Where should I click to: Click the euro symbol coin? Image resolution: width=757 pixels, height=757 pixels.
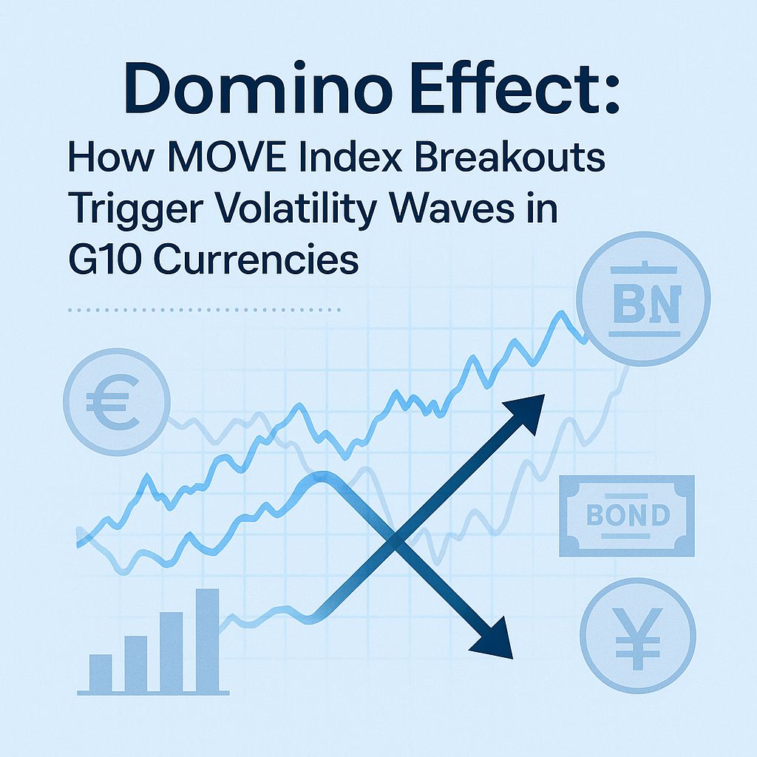pyautogui.click(x=117, y=401)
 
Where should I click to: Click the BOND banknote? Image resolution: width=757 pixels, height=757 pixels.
pyautogui.click(x=628, y=515)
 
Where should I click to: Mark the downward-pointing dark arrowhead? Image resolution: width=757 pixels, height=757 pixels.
pyautogui.click(x=494, y=639)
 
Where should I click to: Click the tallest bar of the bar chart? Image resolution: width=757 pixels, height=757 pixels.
pyautogui.click(x=207, y=639)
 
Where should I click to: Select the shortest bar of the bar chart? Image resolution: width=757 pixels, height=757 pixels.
pyautogui.click(x=101, y=672)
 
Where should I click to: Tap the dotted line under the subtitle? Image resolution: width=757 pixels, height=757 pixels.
pyautogui.click(x=204, y=310)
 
